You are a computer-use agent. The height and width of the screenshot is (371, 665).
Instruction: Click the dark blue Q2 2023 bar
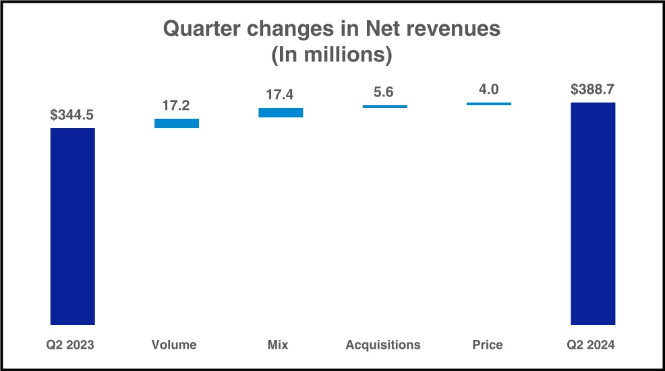73,226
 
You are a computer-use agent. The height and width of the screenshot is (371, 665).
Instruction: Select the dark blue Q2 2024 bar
593,213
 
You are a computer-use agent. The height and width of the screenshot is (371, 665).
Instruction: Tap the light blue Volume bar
177,123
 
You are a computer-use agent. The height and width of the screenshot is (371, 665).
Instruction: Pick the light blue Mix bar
281,113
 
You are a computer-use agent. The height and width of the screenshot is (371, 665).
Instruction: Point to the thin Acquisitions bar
384,107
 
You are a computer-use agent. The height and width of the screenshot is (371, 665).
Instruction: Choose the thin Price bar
489,104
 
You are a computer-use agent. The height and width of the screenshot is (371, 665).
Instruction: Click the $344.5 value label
72,115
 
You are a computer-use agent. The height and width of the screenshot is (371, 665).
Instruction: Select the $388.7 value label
593,90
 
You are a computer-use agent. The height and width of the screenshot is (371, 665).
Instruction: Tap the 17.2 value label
177,106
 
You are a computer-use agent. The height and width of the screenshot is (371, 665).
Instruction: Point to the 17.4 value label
281,95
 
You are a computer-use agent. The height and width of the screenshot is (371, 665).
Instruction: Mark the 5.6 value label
384,92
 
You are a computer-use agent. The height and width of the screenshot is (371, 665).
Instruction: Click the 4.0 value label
488,90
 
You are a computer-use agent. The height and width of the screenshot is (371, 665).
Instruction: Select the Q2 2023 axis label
70,345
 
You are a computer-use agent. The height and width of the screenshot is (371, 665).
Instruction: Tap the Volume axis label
174,345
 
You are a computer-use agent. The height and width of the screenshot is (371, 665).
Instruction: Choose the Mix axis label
277,345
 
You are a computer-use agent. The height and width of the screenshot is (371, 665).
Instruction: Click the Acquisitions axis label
383,345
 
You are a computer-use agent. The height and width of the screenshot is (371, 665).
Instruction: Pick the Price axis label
488,345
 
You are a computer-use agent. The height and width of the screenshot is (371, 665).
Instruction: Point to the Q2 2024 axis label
591,345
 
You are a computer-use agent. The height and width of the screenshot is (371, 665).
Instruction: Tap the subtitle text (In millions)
332,55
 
